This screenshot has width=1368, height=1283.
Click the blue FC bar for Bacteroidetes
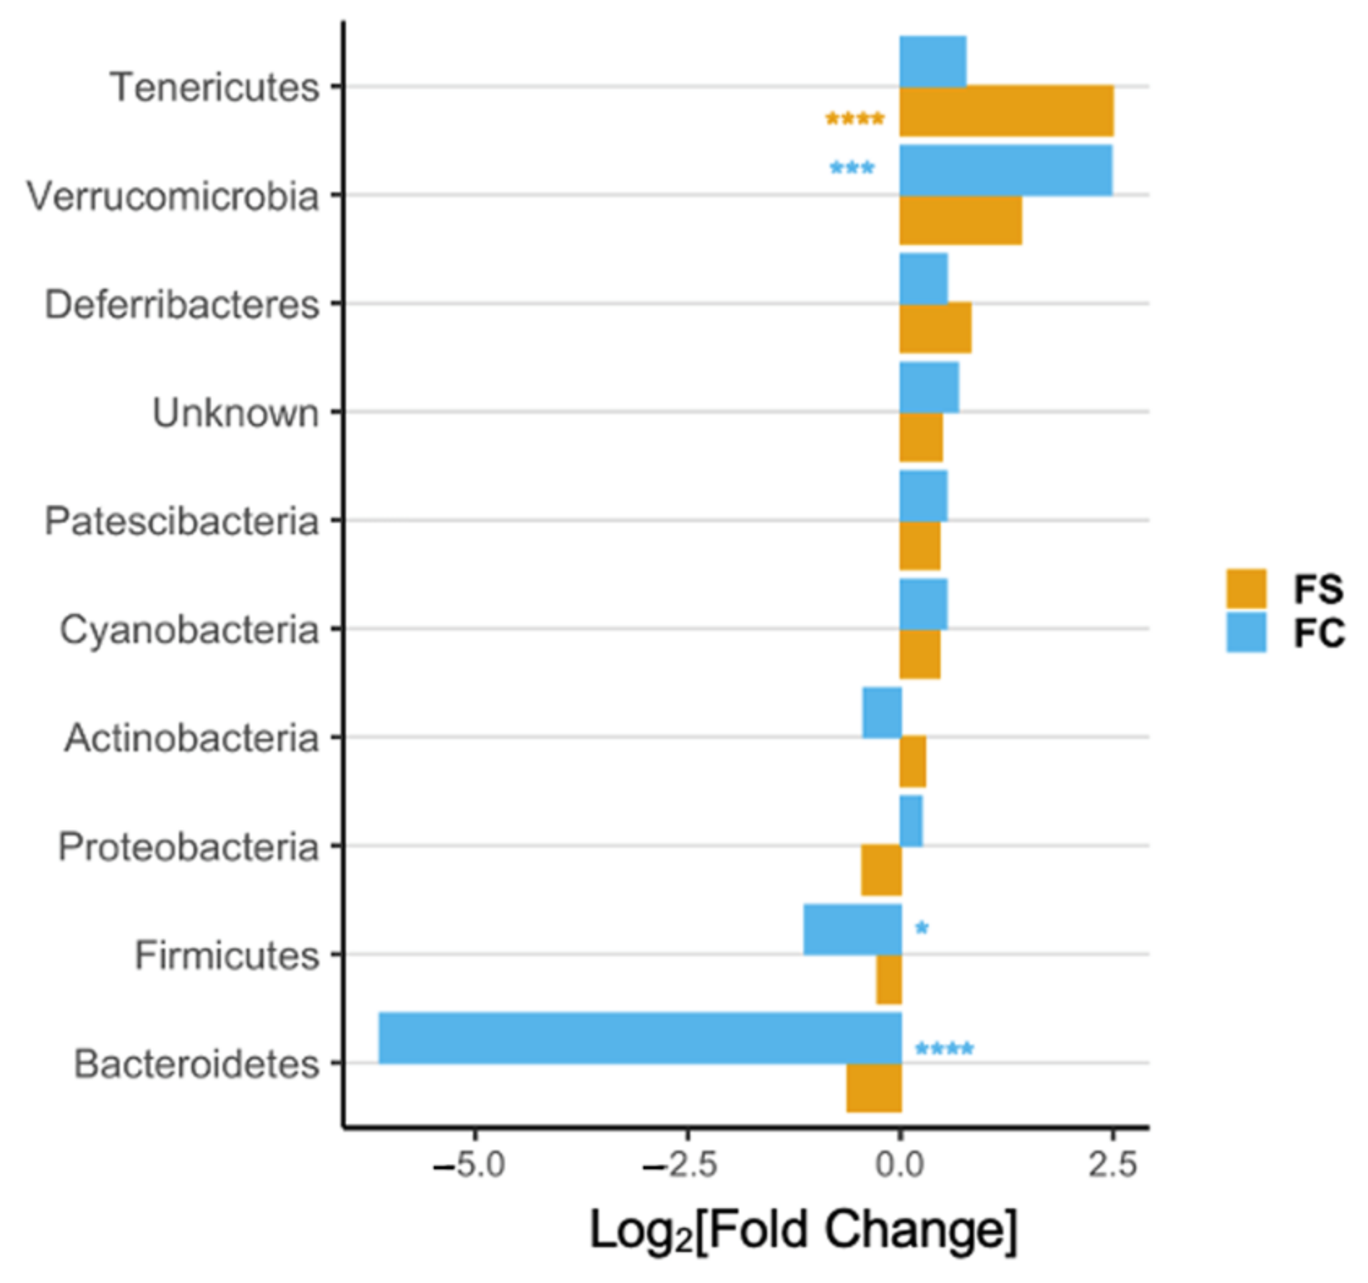pos(639,1037)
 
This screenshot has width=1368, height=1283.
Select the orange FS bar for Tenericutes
pos(1006,111)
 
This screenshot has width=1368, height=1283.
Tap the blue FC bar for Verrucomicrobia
pos(1005,171)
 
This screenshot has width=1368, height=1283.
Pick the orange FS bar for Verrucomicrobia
pos(960,220)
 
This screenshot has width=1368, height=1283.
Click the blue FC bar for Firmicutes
pos(852,929)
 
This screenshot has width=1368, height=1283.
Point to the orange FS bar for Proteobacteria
pos(881,870)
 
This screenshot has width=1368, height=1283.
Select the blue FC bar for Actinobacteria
pos(881,712)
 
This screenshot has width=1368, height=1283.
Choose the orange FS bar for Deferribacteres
pos(935,328)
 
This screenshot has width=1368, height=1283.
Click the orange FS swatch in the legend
pos(1246,589)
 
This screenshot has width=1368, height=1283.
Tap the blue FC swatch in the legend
pos(1246,633)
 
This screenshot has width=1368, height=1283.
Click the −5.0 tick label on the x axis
pos(470,1165)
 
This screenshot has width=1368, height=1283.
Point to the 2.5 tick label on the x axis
pos(1112,1165)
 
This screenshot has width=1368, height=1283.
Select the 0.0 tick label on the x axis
pos(899,1165)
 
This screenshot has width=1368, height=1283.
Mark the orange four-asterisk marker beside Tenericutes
pos(855,119)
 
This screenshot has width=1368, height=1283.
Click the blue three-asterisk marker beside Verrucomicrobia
pos(851,168)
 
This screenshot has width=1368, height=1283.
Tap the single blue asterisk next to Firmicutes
pos(921,927)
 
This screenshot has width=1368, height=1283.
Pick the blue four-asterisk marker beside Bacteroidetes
pos(944,1048)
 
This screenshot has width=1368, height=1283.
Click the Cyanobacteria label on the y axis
pos(189,630)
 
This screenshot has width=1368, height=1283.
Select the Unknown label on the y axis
pos(236,413)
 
